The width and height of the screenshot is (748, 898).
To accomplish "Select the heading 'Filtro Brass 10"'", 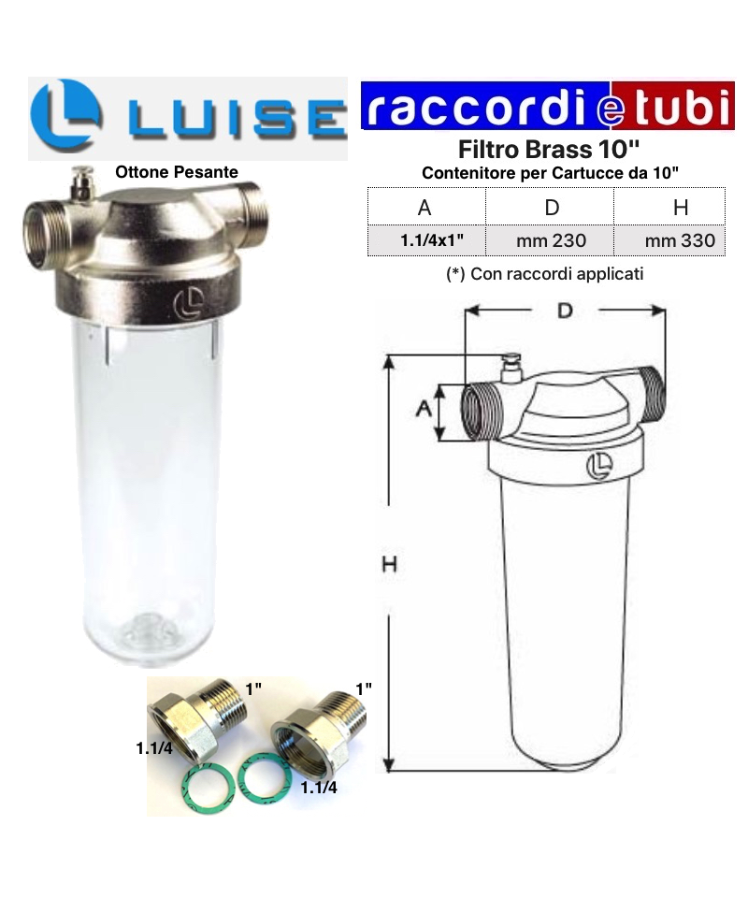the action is coord(548,150).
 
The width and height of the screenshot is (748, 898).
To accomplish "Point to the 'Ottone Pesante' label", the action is coord(177,172).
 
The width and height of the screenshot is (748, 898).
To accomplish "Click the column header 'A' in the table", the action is coord(424,208).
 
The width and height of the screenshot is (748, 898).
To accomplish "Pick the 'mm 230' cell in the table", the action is coord(551,240).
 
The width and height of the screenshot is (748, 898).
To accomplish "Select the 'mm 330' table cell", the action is coord(680,240).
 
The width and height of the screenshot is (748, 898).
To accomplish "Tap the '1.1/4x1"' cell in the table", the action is coord(432,240).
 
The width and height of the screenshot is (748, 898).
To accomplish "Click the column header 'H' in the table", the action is coord(681,208).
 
